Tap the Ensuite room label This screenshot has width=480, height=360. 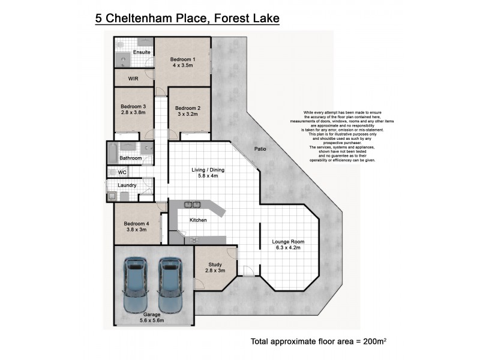142,52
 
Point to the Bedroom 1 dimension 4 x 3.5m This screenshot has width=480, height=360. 182,66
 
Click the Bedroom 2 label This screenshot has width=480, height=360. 188,108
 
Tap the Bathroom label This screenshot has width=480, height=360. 130,158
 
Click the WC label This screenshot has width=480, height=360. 122,173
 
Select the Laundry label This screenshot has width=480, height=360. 127,185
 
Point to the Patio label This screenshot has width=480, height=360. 260,149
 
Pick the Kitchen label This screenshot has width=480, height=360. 198,220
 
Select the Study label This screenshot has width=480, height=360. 216,264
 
